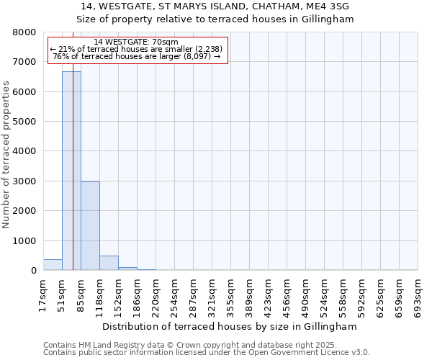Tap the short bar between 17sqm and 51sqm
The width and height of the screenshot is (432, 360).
point(53,265)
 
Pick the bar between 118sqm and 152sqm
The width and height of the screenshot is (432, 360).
point(109,263)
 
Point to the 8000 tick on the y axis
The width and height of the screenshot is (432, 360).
point(24,32)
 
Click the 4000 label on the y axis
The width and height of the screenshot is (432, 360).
point(24,152)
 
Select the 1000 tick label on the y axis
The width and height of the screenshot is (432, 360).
point(24,241)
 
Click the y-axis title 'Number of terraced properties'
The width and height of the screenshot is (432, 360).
point(7,155)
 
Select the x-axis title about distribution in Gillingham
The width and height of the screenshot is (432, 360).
point(230,326)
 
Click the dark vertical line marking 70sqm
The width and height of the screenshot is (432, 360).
point(73,180)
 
